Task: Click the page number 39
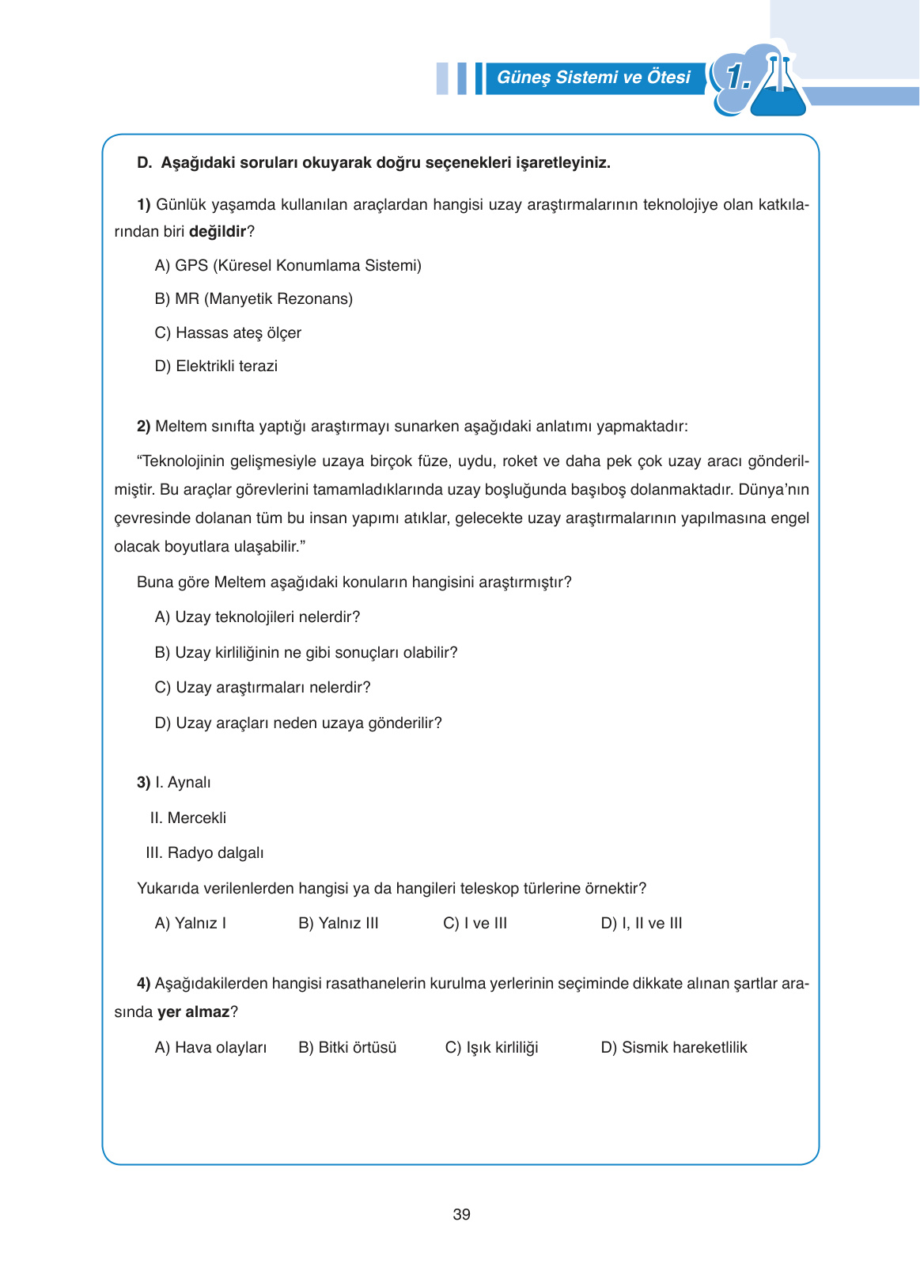461,1214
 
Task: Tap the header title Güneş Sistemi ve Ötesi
593,78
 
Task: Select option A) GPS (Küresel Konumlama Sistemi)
288,266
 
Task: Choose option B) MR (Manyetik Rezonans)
253,299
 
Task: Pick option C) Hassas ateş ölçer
228,333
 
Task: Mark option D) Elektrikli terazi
216,366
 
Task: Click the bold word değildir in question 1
218,232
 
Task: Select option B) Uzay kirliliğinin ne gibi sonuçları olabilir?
306,653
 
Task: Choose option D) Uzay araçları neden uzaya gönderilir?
298,723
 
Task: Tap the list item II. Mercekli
188,818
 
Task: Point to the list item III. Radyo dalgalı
205,853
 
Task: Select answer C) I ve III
475,924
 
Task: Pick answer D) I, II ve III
641,924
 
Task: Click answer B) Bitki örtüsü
347,1048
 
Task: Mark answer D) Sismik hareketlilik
673,1048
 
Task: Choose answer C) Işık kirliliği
491,1048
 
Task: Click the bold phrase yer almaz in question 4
193,1012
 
